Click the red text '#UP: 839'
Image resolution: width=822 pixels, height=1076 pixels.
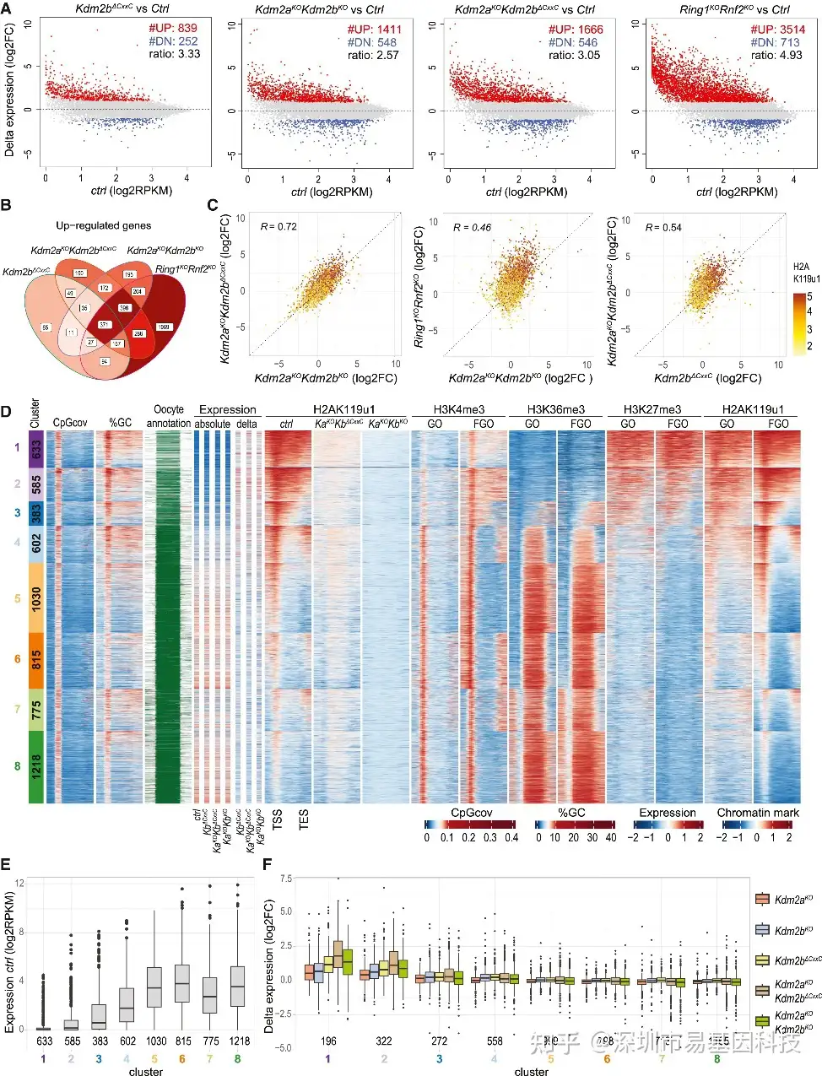[x=173, y=28]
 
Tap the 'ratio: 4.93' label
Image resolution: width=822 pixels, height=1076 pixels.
[x=776, y=55]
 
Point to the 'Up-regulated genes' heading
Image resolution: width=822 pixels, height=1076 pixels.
[x=104, y=225]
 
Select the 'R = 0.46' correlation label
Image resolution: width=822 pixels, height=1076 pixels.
[x=472, y=227]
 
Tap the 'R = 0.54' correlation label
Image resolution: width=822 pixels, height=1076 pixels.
[x=663, y=227]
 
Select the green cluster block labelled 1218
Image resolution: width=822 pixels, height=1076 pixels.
[x=36, y=766]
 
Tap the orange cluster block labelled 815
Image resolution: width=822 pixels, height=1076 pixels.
[x=36, y=660]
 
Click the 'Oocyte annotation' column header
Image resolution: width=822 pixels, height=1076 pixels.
[x=169, y=416]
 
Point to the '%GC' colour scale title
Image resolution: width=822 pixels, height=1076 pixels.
[x=571, y=813]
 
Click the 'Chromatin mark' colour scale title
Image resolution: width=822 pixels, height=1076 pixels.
[x=757, y=813]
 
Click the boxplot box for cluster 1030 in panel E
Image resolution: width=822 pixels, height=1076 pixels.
[x=154, y=987]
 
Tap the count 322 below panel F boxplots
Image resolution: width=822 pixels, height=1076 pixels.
[x=384, y=1041]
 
